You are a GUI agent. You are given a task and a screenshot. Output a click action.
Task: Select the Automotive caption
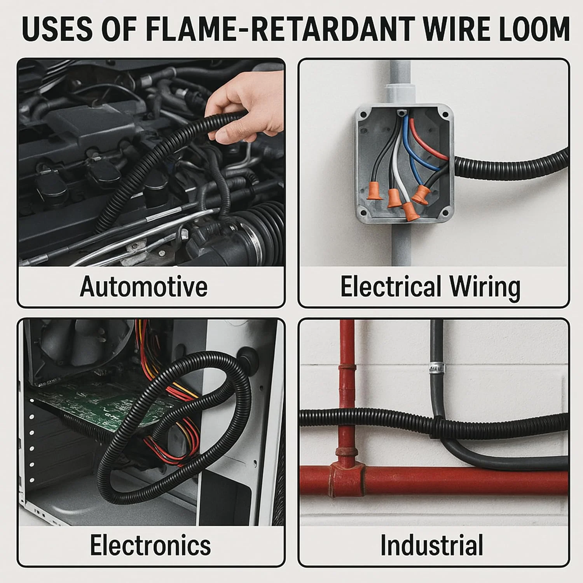143,286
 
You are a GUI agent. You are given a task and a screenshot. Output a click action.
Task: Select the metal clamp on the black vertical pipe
436,368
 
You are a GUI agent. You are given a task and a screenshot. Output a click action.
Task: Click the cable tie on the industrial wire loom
436,427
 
